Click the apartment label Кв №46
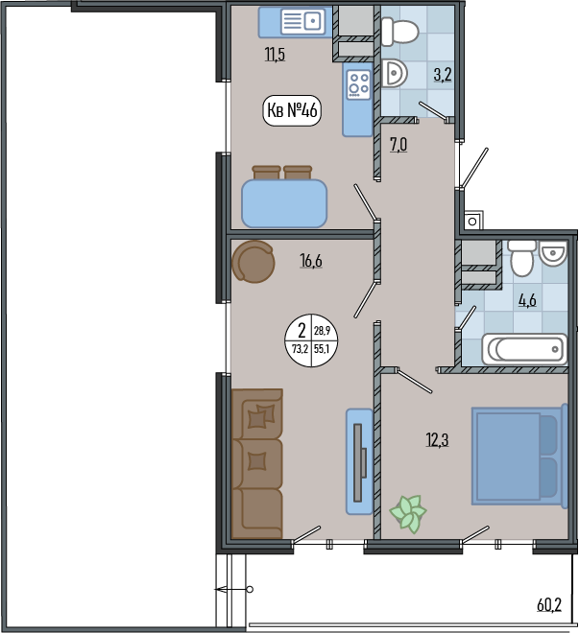[292, 109]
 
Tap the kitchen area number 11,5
[275, 54]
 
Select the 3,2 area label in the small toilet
[443, 75]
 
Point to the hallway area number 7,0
[398, 145]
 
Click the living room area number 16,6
[311, 261]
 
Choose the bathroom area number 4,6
[527, 300]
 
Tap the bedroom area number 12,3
[437, 440]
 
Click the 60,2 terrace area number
[549, 605]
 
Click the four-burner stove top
[359, 84]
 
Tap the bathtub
[525, 349]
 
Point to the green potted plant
[408, 513]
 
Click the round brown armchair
[253, 262]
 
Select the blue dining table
[284, 203]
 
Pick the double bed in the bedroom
[519, 457]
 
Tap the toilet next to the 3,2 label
[399, 32]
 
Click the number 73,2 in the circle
[300, 349]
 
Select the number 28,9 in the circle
[322, 331]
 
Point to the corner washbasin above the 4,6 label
[554, 253]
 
